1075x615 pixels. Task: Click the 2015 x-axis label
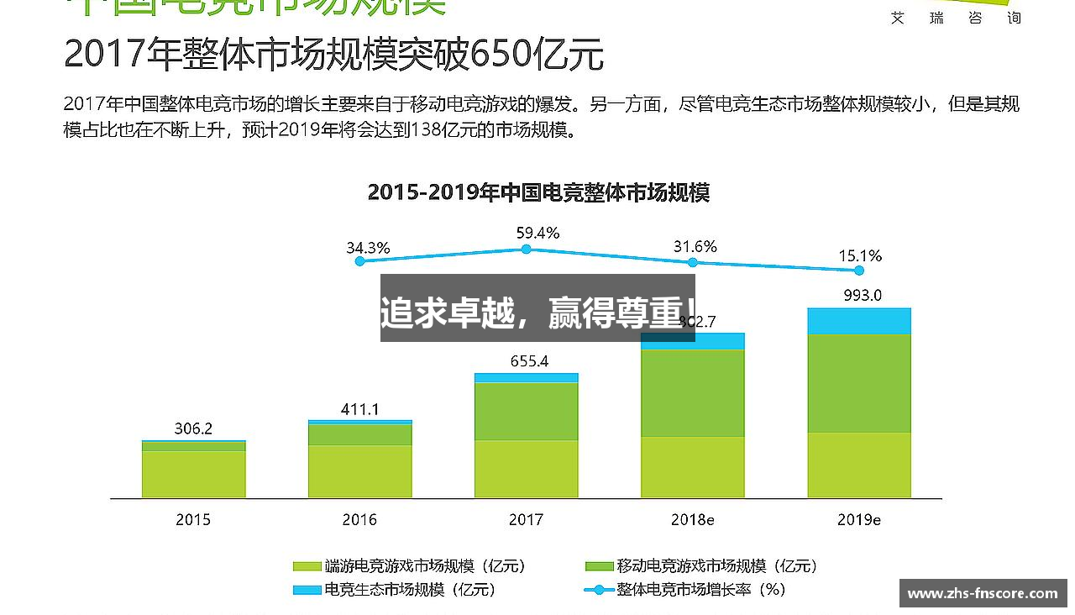pyautogui.click(x=193, y=520)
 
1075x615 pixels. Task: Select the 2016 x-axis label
pyautogui.click(x=359, y=520)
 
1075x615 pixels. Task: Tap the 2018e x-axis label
pyautogui.click(x=692, y=520)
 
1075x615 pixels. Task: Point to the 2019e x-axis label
pyautogui.click(x=858, y=520)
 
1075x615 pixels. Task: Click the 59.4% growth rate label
pyautogui.click(x=537, y=233)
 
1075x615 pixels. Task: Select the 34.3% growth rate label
pyautogui.click(x=368, y=248)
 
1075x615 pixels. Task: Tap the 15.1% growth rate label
pyautogui.click(x=860, y=255)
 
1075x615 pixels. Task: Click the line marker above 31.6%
pyautogui.click(x=693, y=263)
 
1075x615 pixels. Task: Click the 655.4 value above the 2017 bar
pyautogui.click(x=529, y=361)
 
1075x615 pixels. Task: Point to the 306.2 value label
pyautogui.click(x=193, y=428)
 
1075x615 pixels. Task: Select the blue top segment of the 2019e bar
pyautogui.click(x=859, y=321)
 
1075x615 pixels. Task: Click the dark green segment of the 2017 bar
pyautogui.click(x=526, y=411)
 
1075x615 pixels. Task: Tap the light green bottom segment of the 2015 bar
pyautogui.click(x=193, y=474)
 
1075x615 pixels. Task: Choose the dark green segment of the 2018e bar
pyautogui.click(x=692, y=392)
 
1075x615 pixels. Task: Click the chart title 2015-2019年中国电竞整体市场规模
pyautogui.click(x=538, y=192)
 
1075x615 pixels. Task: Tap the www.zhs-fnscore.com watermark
pyautogui.click(x=983, y=593)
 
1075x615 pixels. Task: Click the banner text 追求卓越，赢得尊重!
pyautogui.click(x=537, y=313)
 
